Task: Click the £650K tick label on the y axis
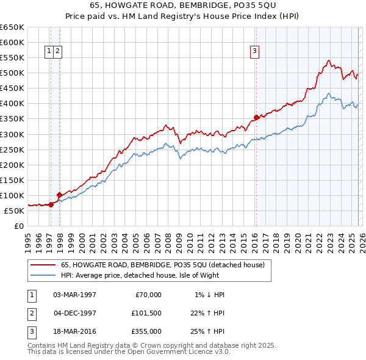[12, 27]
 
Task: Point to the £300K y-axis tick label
[12, 134]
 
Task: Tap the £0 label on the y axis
[19, 226]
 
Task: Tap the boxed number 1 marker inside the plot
[49, 52]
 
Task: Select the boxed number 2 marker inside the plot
[57, 52]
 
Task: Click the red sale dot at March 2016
[256, 117]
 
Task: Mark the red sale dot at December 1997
[59, 195]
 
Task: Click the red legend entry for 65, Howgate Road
[162, 265]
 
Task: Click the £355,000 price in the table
[146, 331]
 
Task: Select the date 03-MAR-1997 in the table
[74, 295]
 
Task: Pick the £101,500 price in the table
[146, 313]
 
